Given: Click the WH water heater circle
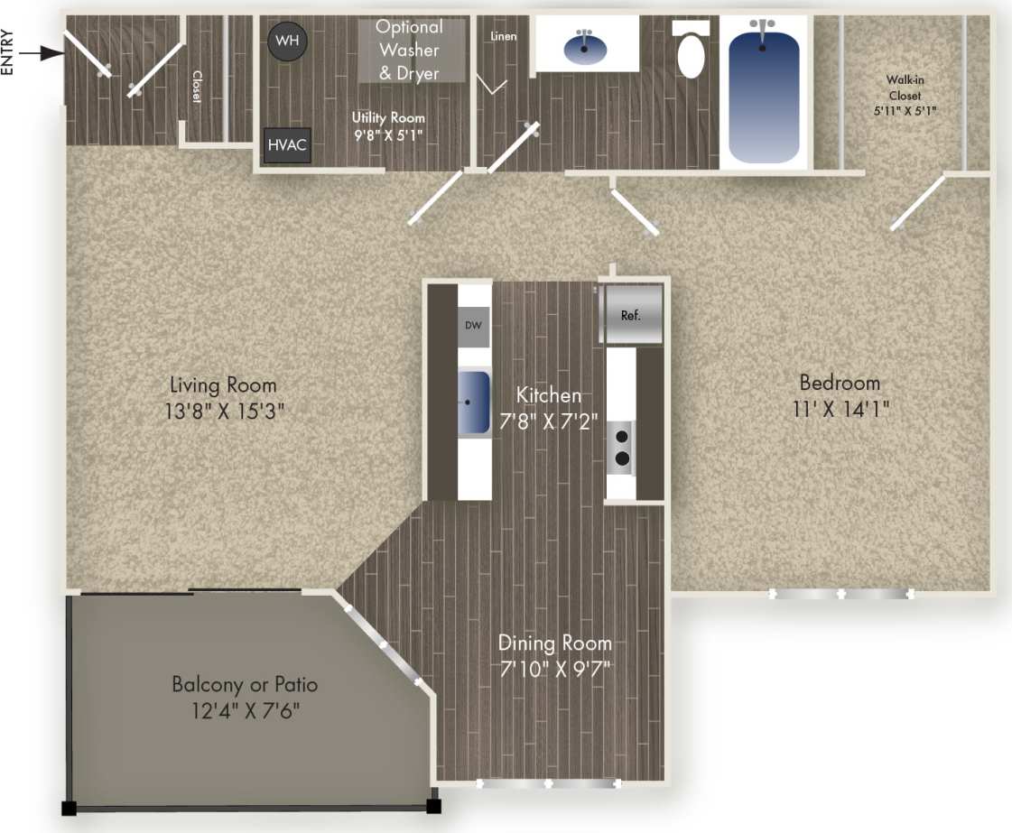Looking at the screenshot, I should [287, 41].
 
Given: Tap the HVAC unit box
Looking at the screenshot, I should [287, 145].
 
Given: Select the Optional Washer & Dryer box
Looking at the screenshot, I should [410, 51].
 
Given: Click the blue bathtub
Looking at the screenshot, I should [764, 94].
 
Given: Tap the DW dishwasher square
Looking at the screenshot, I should [473, 326].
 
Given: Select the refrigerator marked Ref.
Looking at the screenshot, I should [632, 315].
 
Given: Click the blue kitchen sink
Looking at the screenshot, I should [474, 401].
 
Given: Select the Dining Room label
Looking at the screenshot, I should [555, 643].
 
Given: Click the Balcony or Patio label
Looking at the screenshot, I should [245, 685].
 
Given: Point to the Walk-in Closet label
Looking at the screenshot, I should [905, 88].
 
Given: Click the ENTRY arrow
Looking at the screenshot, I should [41, 55].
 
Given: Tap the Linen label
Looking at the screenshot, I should [503, 37].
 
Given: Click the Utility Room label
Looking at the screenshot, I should [388, 118].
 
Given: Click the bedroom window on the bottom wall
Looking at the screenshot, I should [840, 594].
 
